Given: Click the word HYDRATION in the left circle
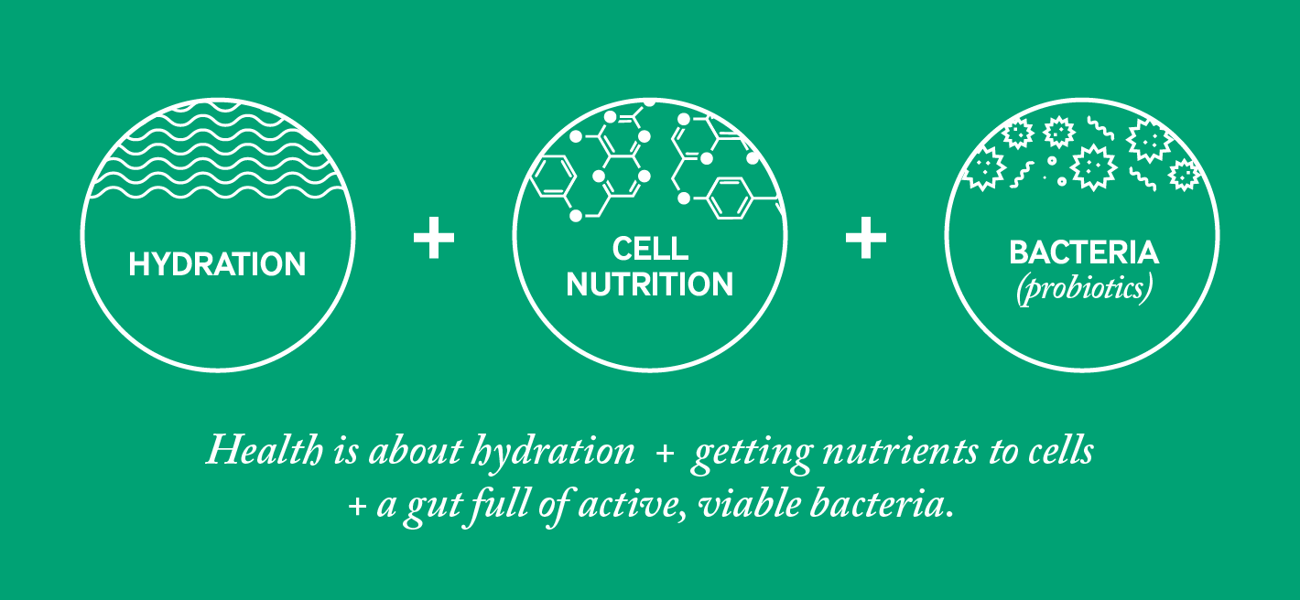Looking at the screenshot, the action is [x=217, y=264].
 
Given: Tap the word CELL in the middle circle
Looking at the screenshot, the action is [x=650, y=249].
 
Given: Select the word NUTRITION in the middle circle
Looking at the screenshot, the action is [x=650, y=284].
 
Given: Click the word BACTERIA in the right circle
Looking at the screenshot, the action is [x=1084, y=252].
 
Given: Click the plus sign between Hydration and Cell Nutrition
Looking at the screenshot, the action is [x=434, y=237].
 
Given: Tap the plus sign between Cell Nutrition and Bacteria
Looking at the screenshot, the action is [x=866, y=237].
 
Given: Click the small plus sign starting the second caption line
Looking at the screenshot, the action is [x=357, y=507].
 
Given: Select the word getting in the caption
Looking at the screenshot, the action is [x=753, y=455].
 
